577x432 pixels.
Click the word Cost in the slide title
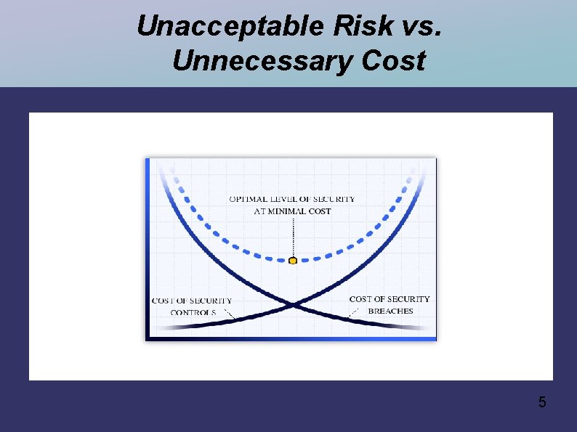click(392, 61)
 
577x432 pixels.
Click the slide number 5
click(542, 402)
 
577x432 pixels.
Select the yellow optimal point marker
click(293, 261)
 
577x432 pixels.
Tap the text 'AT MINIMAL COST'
click(292, 211)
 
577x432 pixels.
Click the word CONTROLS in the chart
click(193, 313)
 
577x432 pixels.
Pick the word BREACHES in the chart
click(390, 311)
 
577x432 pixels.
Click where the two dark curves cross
click(291, 304)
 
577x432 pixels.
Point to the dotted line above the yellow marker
click(293, 236)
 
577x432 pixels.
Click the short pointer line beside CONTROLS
click(228, 314)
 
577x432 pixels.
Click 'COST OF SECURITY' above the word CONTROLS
click(192, 301)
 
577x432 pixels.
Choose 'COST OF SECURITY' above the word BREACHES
click(390, 299)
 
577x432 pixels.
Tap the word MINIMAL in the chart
click(287, 211)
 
